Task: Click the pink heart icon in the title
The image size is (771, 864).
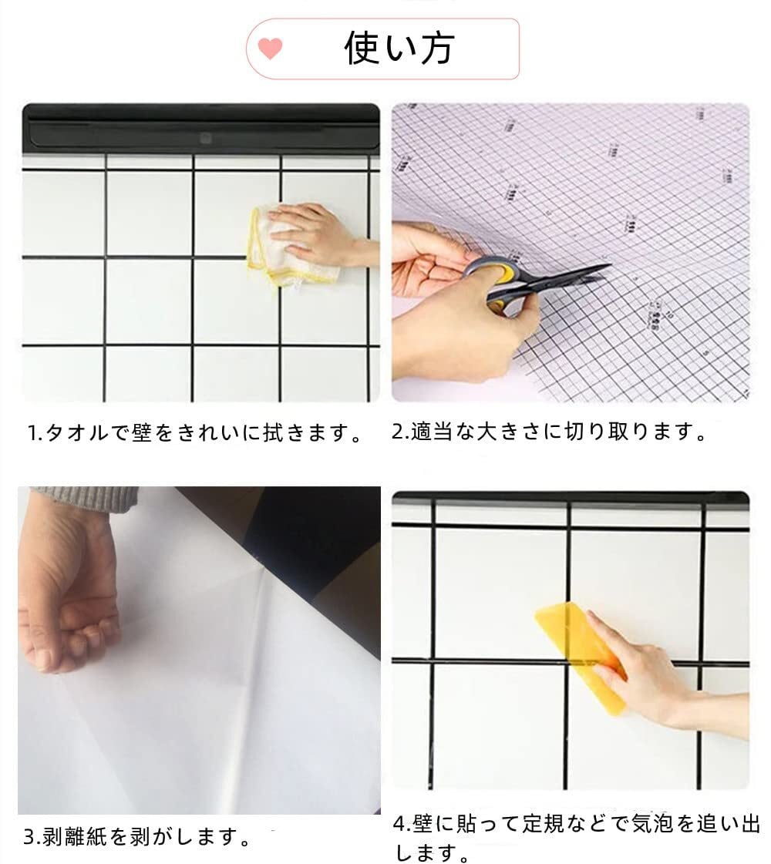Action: point(270,49)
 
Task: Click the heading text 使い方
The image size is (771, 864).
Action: point(399,48)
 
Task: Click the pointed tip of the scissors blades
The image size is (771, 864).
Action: point(611,266)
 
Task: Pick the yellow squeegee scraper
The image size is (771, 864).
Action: point(581,656)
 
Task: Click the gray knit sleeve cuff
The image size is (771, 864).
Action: point(82,499)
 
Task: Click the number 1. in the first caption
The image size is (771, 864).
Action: point(35,433)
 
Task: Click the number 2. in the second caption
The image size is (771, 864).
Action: point(399,432)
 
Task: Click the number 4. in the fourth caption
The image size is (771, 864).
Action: point(402,825)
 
